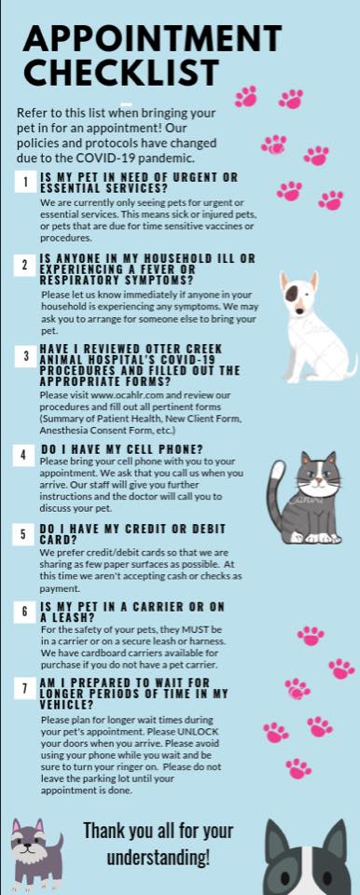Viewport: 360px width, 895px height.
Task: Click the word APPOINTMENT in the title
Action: pos(153,39)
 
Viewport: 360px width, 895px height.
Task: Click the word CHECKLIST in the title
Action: pos(121,73)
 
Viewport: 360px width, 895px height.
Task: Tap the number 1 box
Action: pos(25,182)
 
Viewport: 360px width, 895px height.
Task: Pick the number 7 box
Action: pos(25,689)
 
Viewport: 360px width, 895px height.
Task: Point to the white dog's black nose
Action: pos(299,311)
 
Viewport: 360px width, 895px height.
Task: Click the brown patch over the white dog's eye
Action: pos(291,294)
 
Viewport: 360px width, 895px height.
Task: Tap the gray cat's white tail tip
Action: pos(277,470)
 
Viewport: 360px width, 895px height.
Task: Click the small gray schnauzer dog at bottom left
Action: pos(35,850)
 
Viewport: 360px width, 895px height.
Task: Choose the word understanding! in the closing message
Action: pos(159,857)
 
